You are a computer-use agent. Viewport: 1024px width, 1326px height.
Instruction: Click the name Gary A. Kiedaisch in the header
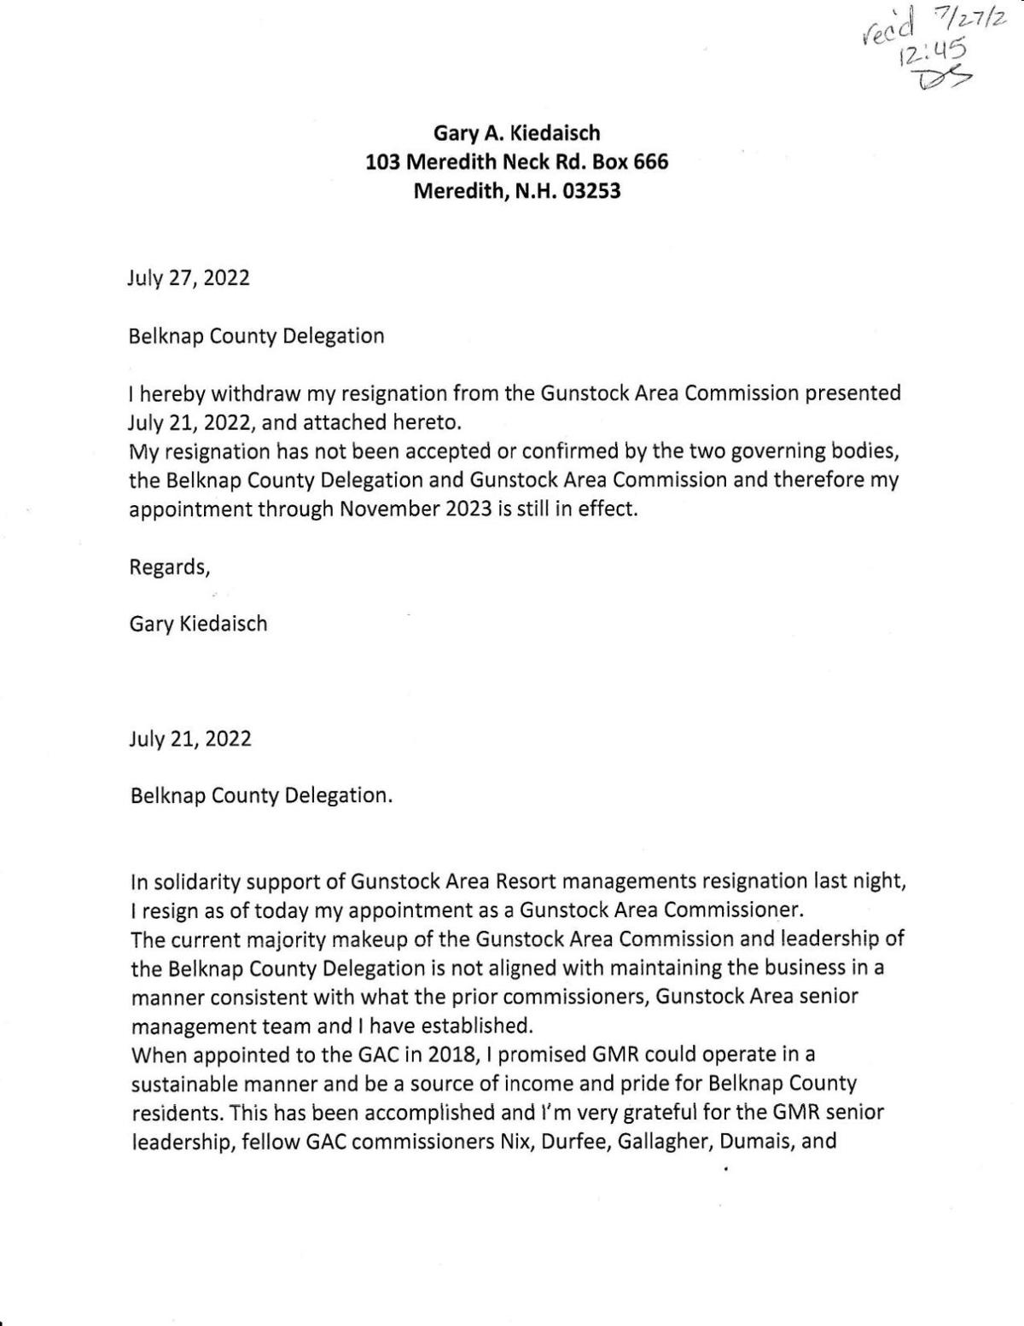pyautogui.click(x=517, y=132)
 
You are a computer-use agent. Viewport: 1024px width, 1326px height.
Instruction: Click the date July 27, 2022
pyautogui.click(x=189, y=278)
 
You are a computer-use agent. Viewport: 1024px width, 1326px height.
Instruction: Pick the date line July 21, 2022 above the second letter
pyautogui.click(x=190, y=738)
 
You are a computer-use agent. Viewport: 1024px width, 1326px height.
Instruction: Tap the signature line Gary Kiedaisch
pyautogui.click(x=198, y=624)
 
